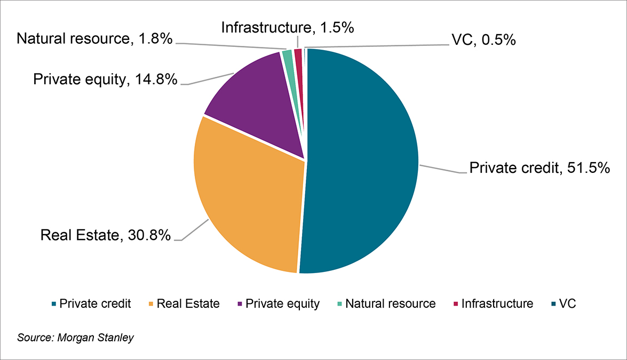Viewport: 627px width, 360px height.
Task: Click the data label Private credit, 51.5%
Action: [x=539, y=168]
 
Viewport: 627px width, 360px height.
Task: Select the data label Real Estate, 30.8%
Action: [x=106, y=235]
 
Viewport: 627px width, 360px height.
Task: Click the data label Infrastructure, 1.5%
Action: [x=287, y=27]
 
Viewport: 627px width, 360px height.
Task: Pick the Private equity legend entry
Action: [x=278, y=304]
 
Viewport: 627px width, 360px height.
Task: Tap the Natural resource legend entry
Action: [x=385, y=304]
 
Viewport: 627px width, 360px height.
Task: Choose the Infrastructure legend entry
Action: [x=493, y=304]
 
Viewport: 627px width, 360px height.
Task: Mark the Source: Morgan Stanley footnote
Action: [x=75, y=338]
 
